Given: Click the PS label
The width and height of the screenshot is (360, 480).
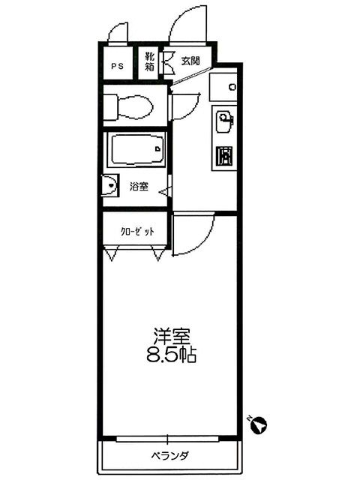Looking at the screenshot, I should pyautogui.click(x=117, y=65).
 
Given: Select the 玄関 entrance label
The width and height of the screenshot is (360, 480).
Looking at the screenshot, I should pyautogui.click(x=190, y=61).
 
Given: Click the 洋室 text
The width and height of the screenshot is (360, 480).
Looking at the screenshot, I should pyautogui.click(x=171, y=334).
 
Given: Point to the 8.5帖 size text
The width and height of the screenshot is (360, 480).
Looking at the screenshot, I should pyautogui.click(x=171, y=355).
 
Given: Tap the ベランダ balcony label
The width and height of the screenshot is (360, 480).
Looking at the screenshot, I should pyautogui.click(x=171, y=455).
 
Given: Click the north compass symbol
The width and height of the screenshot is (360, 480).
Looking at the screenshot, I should pyautogui.click(x=256, y=424).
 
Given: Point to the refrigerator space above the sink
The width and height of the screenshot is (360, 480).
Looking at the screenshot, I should pyautogui.click(x=223, y=88).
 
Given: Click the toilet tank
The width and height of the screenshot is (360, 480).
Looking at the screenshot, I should pyautogui.click(x=109, y=106).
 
